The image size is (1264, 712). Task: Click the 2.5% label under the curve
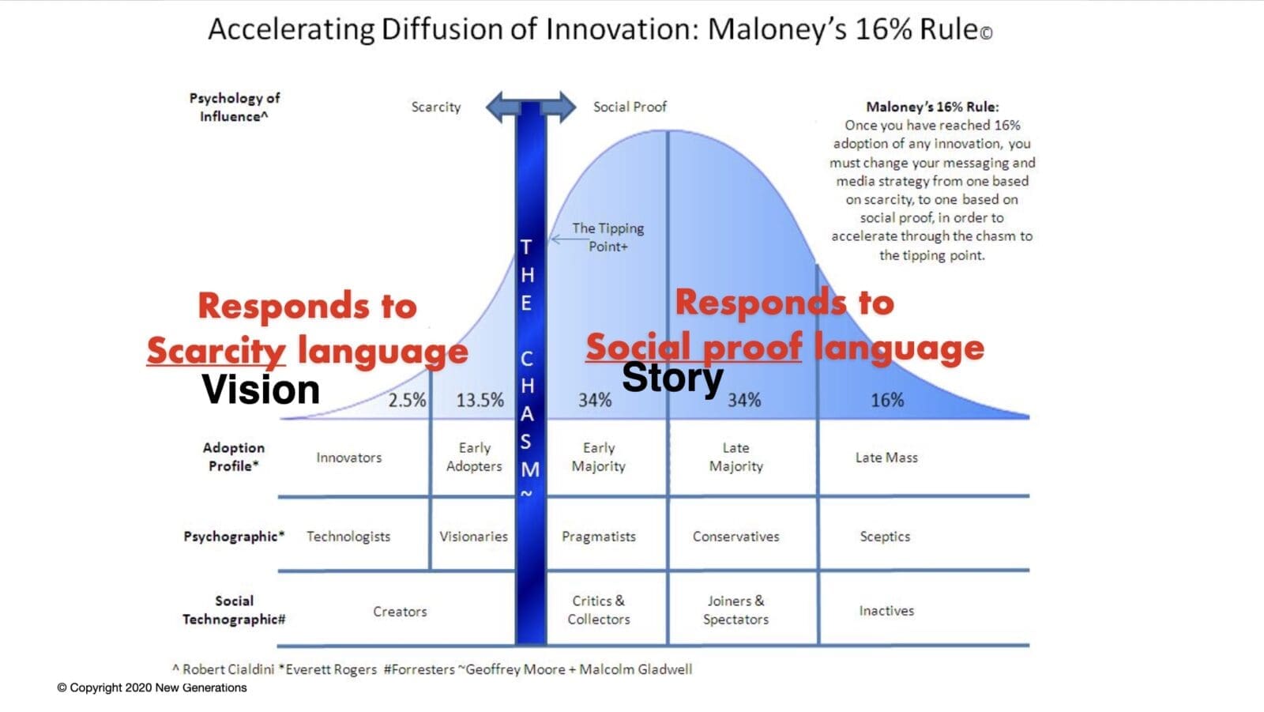pyautogui.click(x=407, y=401)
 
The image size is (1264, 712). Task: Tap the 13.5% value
pyautogui.click(x=480, y=401)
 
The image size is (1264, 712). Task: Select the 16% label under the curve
pyautogui.click(x=887, y=401)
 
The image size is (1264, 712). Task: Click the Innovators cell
pyautogui.click(x=348, y=458)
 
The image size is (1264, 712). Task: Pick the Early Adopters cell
pyautogui.click(x=474, y=457)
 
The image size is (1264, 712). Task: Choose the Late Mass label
pyautogui.click(x=886, y=458)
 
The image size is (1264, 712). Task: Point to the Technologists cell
pyautogui.click(x=348, y=537)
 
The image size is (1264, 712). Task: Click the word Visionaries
pyautogui.click(x=473, y=537)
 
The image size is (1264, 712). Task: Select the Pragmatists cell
pyautogui.click(x=599, y=537)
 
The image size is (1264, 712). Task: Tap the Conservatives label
pyautogui.click(x=735, y=537)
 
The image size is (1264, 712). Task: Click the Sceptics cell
pyautogui.click(x=885, y=537)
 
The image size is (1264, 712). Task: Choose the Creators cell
pyautogui.click(x=400, y=612)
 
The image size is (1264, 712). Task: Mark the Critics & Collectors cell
pyautogui.click(x=599, y=610)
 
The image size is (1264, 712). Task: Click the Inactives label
pyautogui.click(x=886, y=611)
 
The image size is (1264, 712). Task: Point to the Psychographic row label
pyautogui.click(x=234, y=537)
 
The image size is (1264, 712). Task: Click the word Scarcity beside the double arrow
pyautogui.click(x=435, y=107)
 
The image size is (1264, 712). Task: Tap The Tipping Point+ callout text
pyautogui.click(x=608, y=237)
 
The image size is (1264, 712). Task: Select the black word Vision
pyautogui.click(x=261, y=390)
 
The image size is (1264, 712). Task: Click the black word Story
pyautogui.click(x=672, y=379)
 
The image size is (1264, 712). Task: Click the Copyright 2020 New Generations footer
pyautogui.click(x=152, y=688)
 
